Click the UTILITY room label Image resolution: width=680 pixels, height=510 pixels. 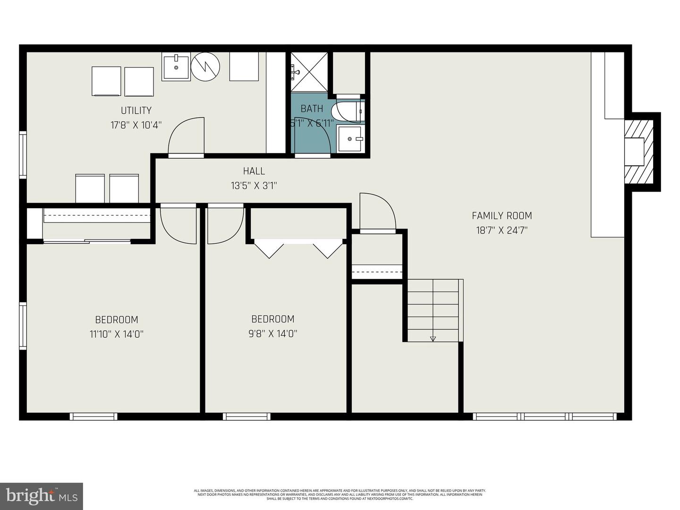(x=136, y=110)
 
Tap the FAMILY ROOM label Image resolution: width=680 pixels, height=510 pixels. (x=501, y=216)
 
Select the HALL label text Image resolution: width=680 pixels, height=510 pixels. (x=254, y=171)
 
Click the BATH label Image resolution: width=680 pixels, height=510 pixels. (x=312, y=109)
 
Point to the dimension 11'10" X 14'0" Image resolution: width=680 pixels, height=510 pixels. (x=117, y=334)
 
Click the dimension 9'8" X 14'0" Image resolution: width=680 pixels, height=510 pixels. (x=273, y=334)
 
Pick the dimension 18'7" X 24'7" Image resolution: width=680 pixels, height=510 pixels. (x=501, y=230)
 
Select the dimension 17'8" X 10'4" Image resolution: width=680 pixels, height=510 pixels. (x=136, y=125)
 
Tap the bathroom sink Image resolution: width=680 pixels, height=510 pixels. (x=349, y=139)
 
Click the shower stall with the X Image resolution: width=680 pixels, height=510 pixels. (x=309, y=72)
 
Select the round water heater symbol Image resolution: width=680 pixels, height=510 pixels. (x=205, y=67)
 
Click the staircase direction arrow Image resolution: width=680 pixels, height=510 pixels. (x=433, y=338)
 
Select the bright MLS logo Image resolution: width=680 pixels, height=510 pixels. (x=42, y=496)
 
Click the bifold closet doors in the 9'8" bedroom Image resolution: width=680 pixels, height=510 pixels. (x=298, y=248)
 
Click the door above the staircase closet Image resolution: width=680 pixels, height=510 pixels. (x=377, y=212)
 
